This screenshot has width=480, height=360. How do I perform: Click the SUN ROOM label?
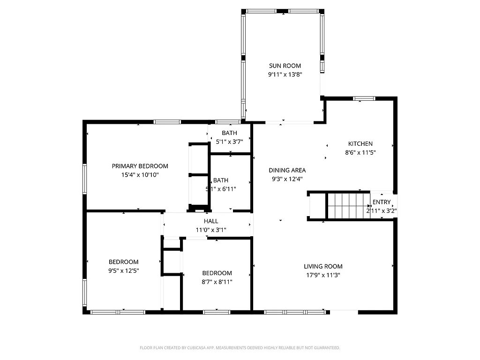[285, 66]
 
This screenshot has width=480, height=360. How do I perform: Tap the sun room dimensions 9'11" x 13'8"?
[285, 75]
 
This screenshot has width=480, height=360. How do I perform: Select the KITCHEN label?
[360, 144]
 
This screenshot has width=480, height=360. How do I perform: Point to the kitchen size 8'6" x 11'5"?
[360, 152]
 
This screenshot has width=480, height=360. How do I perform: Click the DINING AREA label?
[287, 170]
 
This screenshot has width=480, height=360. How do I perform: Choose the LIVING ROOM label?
[323, 267]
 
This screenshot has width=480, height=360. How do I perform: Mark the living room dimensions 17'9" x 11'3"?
[323, 275]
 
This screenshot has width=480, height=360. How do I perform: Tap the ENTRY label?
[382, 202]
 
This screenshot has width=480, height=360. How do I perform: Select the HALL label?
[211, 221]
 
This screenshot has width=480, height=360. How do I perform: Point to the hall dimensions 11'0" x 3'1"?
[211, 230]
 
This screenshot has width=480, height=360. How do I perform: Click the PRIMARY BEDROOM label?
[140, 166]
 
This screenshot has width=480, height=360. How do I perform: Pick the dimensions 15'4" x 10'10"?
[140, 174]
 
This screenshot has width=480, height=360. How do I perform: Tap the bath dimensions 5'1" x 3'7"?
[230, 141]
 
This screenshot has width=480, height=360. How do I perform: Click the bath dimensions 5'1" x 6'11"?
[221, 189]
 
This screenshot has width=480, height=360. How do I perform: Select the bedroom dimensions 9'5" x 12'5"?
[123, 270]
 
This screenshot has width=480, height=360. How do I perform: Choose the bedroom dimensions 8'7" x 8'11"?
[217, 282]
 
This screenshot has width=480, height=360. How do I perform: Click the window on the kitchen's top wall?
[364, 98]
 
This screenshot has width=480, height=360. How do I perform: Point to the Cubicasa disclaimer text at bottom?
[240, 348]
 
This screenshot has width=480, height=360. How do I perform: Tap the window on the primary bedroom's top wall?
[167, 122]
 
